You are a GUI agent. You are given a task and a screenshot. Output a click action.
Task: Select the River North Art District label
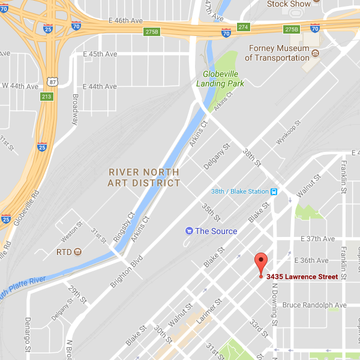(144, 177)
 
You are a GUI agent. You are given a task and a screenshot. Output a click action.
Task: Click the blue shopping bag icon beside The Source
(189, 231)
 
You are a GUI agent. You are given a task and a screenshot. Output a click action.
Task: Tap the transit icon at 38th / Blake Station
(274, 192)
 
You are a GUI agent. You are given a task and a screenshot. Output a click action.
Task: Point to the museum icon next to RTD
(78, 251)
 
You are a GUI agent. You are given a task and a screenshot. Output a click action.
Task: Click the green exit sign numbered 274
(243, 28)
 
